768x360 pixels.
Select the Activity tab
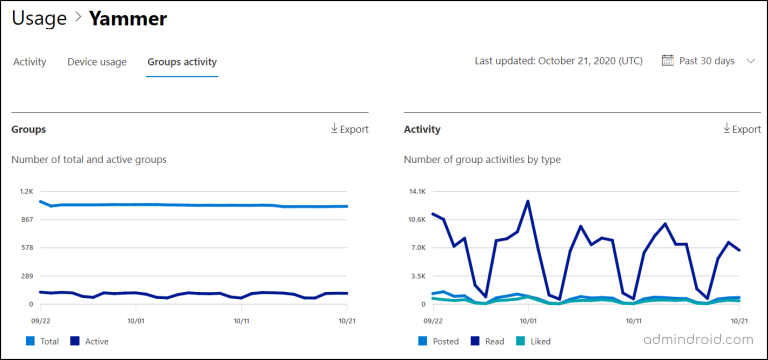29,62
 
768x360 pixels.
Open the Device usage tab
96,62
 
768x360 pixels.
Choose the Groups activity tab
182,62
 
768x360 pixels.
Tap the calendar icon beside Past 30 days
668,61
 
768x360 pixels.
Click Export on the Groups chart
349,129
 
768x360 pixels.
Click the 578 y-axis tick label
27,247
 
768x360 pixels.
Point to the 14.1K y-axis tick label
417,190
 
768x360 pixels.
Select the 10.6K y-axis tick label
417,219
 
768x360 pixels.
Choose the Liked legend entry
537,341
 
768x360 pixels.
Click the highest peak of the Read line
528,201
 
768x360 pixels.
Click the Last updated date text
558,61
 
